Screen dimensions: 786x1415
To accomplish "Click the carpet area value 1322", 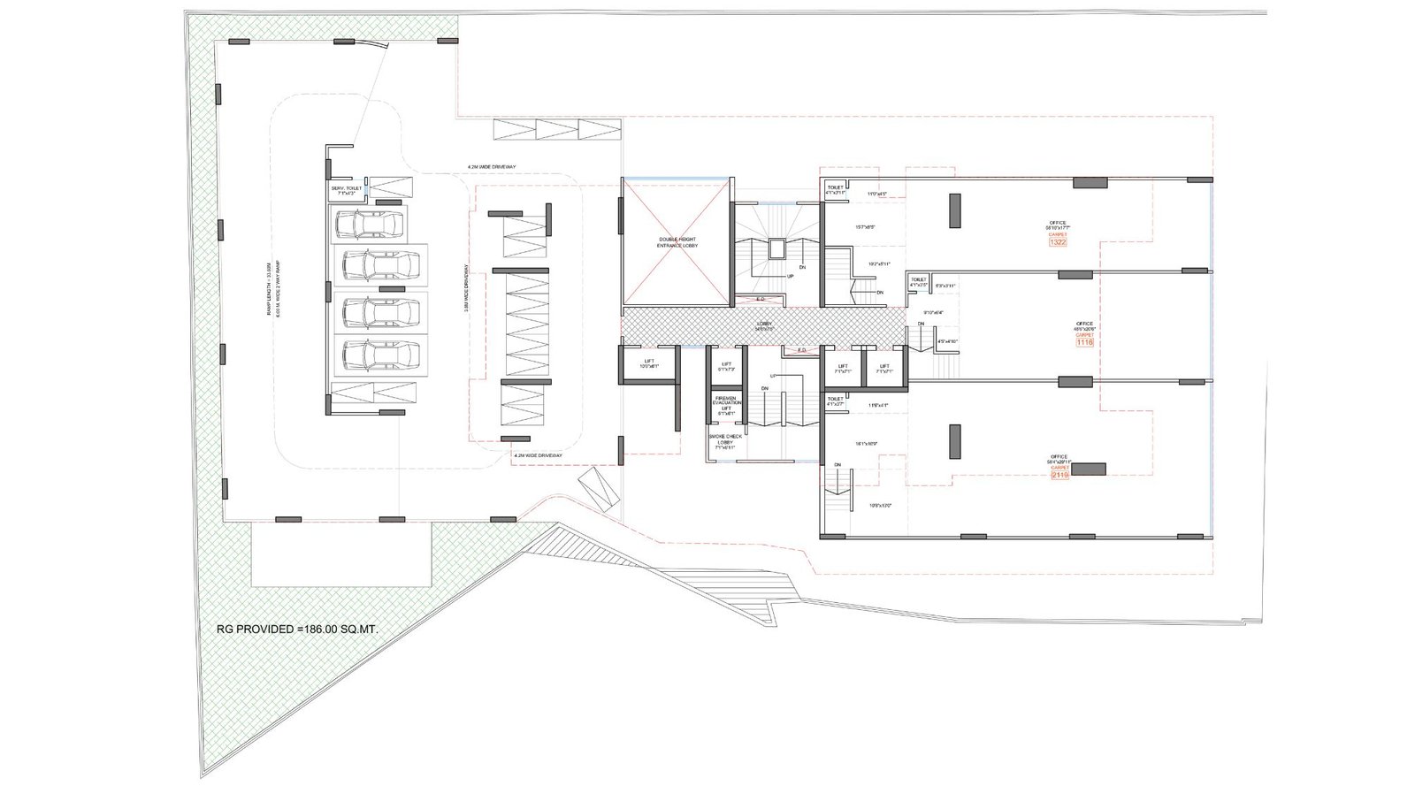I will (1058, 242).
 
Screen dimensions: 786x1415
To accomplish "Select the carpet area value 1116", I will (1084, 343).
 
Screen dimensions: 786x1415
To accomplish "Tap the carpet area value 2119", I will (1059, 475).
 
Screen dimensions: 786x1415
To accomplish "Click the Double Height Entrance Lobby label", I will (677, 242).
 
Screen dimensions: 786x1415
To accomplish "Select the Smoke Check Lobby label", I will (726, 441).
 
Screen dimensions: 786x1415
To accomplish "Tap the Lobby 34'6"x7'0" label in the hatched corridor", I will (764, 325).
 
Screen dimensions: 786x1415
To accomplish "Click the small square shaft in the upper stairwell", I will (776, 248).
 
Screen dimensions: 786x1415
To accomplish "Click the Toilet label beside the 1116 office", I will (918, 280).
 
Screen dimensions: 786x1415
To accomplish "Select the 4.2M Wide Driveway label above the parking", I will (492, 166).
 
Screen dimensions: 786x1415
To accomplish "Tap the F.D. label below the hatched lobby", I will (802, 350).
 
